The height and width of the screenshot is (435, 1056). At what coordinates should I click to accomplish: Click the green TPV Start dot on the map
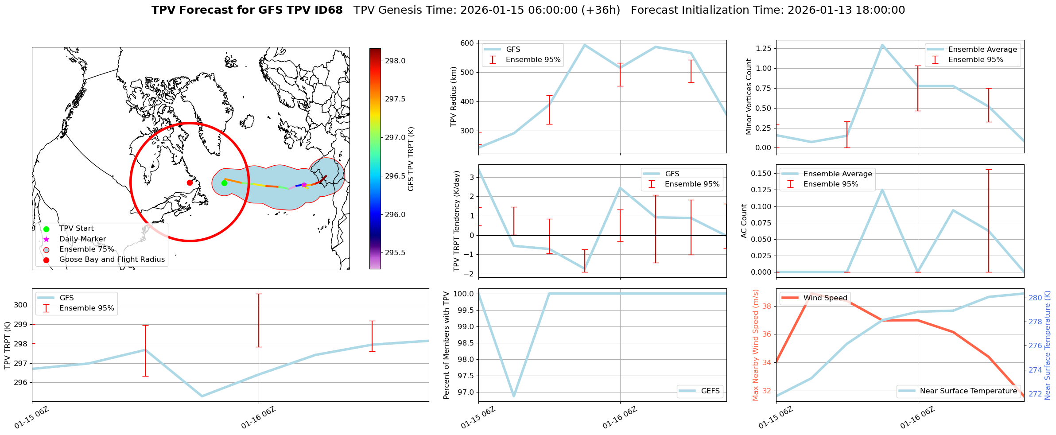coord(224,183)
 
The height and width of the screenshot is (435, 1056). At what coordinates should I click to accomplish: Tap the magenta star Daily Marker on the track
coord(304,185)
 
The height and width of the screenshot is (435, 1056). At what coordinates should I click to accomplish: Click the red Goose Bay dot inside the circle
coord(190,183)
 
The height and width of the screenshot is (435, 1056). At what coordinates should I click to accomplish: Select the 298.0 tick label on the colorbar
coord(395,61)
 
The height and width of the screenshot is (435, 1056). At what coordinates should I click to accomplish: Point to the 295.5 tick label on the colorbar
coord(395,253)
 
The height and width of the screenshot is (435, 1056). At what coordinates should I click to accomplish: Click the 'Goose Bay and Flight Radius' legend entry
coord(112,260)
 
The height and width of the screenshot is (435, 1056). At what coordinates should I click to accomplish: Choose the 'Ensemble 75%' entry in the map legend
coord(86,249)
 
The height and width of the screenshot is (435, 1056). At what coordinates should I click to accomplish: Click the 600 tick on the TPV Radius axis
coord(467,43)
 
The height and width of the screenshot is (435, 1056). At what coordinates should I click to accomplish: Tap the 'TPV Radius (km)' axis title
coord(453,97)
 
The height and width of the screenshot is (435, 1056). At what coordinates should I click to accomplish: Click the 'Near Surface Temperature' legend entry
coord(968,391)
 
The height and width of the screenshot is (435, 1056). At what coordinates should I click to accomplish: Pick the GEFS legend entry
coord(710,391)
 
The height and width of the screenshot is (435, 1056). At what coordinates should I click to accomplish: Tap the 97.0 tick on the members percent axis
coord(464,392)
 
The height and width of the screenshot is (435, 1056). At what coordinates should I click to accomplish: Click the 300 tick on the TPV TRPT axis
coord(21,305)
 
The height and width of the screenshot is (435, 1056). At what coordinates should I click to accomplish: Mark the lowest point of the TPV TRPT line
coord(202,396)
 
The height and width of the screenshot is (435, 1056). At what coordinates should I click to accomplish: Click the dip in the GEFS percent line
coord(514,396)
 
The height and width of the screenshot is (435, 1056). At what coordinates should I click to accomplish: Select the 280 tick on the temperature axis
coord(1035,298)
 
